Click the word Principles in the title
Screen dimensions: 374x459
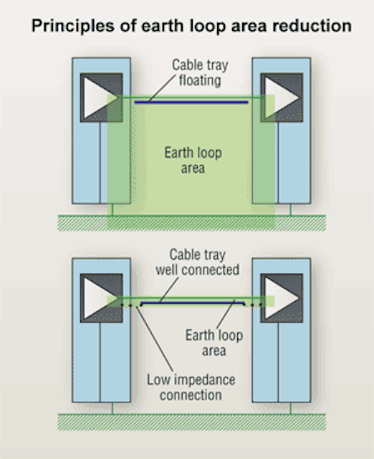[x=73, y=26]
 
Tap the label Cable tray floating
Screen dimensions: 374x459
[x=200, y=72]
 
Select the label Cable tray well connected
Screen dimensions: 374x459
[x=197, y=262]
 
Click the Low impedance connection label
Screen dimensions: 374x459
[x=191, y=387]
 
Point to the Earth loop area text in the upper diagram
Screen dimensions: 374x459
[x=193, y=161]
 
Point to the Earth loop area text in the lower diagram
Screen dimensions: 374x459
[x=214, y=343]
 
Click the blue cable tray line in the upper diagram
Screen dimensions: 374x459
[x=191, y=102]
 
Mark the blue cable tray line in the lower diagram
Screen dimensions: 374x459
[x=193, y=303]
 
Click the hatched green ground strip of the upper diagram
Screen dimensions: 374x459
[x=191, y=223]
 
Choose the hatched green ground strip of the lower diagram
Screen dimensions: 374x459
[x=191, y=422]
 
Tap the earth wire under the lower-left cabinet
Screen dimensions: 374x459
[x=112, y=408]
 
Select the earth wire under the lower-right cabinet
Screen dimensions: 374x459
[x=290, y=408]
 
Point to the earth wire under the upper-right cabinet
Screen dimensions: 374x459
[x=290, y=209]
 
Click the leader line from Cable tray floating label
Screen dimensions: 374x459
[x=163, y=88]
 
